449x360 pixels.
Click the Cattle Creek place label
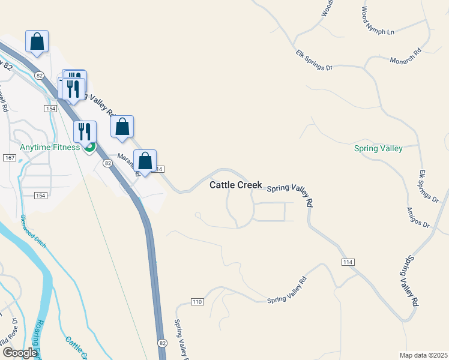click(235, 185)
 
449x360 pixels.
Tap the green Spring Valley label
click(378, 149)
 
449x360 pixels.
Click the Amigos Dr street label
click(418, 217)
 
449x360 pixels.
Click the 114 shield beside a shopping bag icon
click(159, 170)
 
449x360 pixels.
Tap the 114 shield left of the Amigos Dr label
click(348, 262)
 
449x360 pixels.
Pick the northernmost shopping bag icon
click(37, 41)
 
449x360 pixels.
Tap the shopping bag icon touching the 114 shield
click(145, 161)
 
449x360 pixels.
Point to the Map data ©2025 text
click(423, 355)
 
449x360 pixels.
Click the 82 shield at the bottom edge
click(163, 343)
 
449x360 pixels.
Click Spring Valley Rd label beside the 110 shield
click(287, 290)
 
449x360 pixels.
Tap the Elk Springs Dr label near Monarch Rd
click(314, 61)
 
